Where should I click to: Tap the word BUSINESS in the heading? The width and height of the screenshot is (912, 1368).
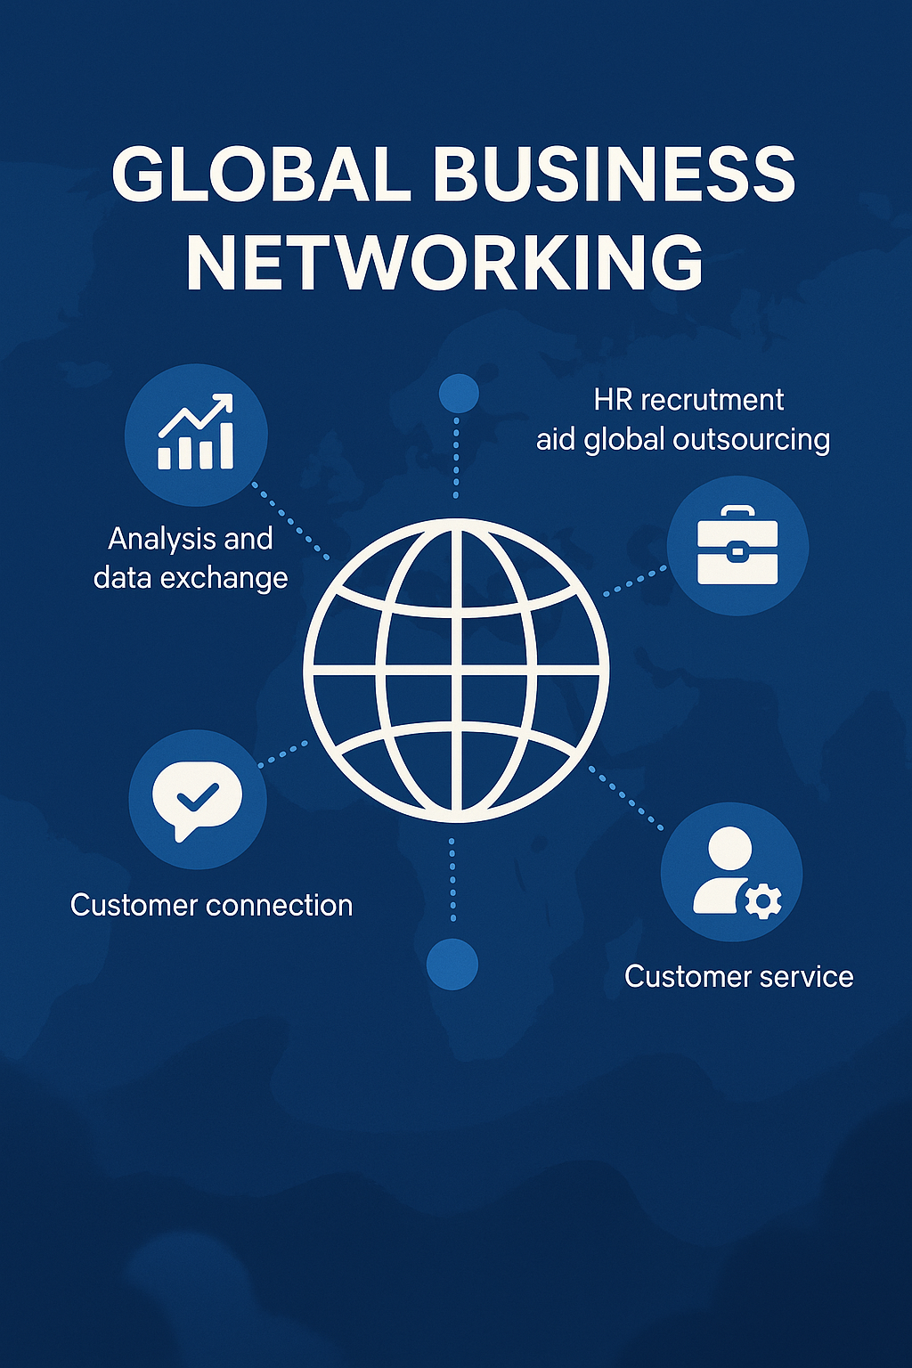[614, 175]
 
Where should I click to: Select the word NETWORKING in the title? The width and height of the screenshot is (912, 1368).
[444, 263]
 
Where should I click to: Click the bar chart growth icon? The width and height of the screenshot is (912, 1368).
[196, 434]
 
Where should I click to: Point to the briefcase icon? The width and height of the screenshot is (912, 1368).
[737, 545]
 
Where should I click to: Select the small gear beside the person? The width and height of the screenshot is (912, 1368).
[763, 901]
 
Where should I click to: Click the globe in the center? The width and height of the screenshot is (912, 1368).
[456, 670]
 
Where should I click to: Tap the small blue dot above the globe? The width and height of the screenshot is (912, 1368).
[459, 393]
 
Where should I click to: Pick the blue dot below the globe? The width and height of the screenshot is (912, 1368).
[452, 964]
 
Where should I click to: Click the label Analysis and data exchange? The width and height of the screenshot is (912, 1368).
[191, 558]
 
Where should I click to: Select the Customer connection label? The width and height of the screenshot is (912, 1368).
[212, 906]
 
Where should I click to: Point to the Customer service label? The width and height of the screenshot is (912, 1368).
[739, 977]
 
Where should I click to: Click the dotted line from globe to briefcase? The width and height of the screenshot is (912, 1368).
[635, 581]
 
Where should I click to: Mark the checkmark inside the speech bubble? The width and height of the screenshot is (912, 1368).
[197, 794]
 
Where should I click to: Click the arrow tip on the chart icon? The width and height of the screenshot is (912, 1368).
[226, 400]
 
